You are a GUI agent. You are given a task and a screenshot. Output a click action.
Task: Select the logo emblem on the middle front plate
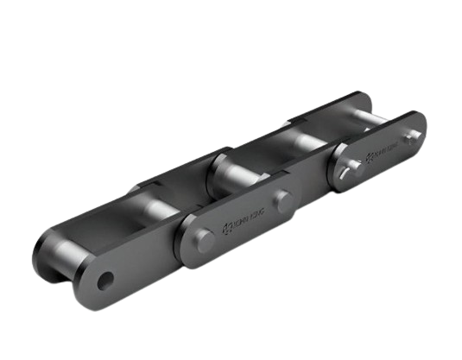click(228, 227)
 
